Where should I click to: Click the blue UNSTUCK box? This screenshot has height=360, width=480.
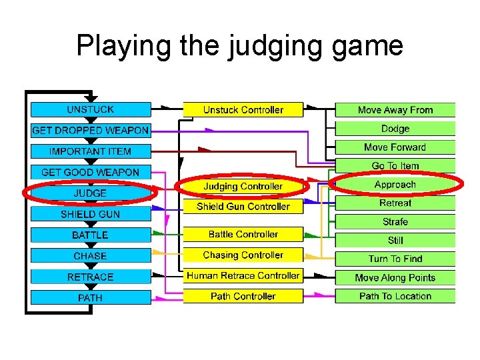(91, 109)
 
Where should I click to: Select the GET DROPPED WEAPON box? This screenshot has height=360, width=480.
(91, 131)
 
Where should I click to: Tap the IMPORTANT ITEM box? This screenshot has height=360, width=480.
(91, 151)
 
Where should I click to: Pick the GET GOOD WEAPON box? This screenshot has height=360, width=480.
(91, 172)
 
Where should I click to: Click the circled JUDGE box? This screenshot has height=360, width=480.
(91, 193)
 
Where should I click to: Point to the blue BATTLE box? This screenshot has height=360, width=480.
(91, 235)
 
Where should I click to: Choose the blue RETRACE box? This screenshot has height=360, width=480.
(91, 277)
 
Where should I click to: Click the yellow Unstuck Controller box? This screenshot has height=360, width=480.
(243, 109)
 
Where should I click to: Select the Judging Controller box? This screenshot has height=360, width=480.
(243, 186)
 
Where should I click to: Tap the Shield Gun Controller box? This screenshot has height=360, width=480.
(243, 206)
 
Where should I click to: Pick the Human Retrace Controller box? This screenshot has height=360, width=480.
(243, 275)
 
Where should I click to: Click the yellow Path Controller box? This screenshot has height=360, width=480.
(243, 296)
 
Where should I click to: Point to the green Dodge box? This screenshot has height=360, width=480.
(395, 128)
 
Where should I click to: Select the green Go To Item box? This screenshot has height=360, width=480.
(395, 165)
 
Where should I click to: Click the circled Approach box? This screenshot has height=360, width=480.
(395, 184)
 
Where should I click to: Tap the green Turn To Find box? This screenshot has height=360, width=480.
(395, 259)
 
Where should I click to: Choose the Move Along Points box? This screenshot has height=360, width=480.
(395, 277)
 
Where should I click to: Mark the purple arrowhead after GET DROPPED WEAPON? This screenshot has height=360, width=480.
(210, 131)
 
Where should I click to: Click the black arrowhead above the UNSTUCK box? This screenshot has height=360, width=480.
(91, 99)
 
